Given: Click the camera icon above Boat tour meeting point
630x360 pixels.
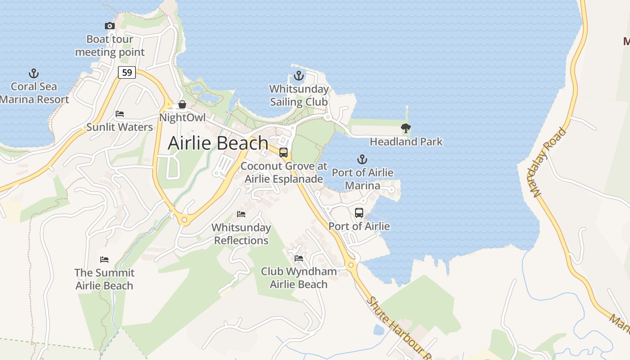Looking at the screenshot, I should click(x=110, y=26).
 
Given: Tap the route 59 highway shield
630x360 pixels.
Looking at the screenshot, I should click(x=127, y=72).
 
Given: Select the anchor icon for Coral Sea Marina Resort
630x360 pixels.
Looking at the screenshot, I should click(x=34, y=73).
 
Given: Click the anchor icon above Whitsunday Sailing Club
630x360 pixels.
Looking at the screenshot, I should click(x=299, y=76).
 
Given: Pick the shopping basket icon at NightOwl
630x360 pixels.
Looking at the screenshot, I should click(x=182, y=105).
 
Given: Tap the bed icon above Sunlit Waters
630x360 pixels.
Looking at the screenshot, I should click(x=120, y=114).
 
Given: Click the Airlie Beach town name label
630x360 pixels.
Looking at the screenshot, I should click(x=218, y=143).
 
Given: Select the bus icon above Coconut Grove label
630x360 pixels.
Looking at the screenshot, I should click(x=283, y=153).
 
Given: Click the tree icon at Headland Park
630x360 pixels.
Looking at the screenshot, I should click(x=406, y=128).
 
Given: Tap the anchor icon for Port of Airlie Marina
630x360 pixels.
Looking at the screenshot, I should click(x=362, y=159).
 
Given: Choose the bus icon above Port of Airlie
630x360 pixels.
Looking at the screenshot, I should click(x=359, y=213).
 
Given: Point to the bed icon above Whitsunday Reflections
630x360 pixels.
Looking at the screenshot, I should click(x=241, y=214).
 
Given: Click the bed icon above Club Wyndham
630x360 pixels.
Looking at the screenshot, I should click(x=299, y=258).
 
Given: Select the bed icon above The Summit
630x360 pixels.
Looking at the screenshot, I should click(x=104, y=260).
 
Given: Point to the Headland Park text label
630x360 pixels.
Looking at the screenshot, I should click(x=406, y=142).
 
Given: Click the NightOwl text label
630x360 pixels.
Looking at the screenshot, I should click(x=182, y=118).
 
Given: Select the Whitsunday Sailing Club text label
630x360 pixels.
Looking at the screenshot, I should click(x=299, y=95).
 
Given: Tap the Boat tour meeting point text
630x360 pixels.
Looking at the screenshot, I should click(x=110, y=46).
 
